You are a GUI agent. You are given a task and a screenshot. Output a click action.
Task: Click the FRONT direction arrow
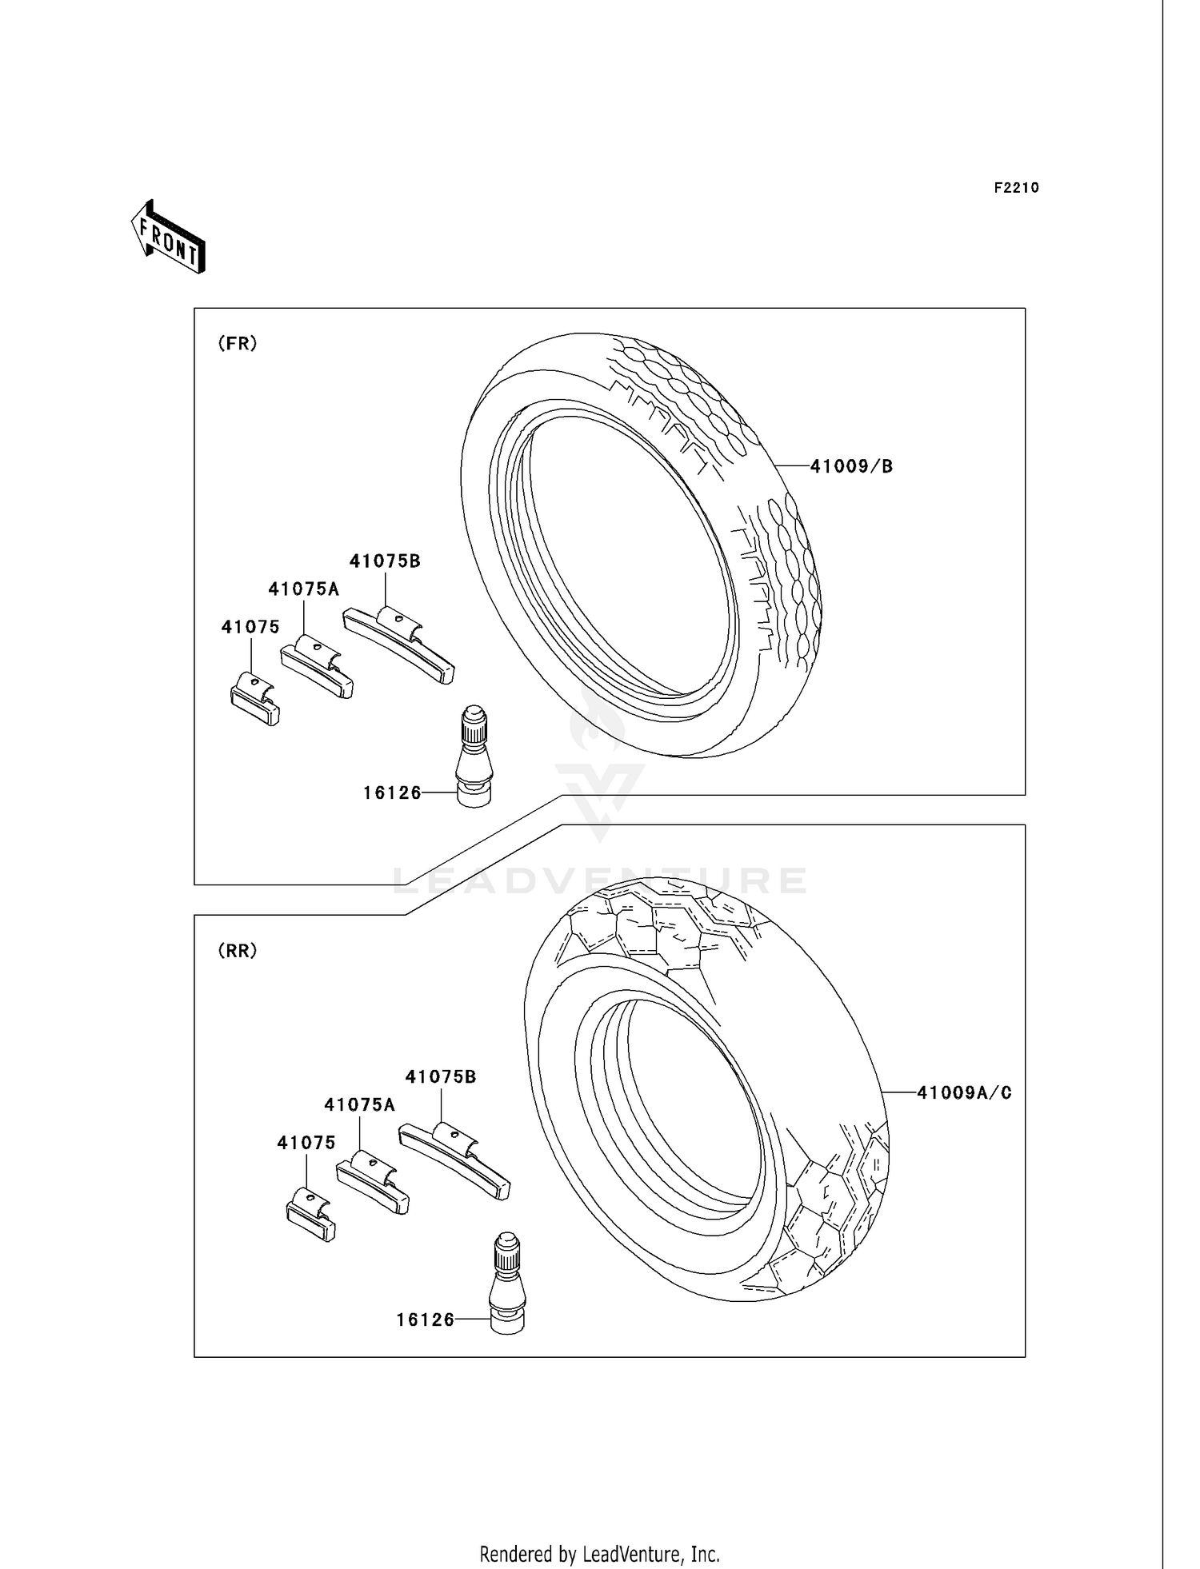pos(169,238)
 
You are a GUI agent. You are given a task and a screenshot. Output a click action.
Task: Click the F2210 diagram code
pos(1016,188)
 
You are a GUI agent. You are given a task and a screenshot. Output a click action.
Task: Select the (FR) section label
pos(238,343)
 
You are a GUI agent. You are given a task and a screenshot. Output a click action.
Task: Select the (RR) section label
pos(238,951)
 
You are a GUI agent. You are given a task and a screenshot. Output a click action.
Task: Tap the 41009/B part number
pos(851,466)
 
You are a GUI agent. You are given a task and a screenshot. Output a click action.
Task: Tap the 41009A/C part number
pos(964,1092)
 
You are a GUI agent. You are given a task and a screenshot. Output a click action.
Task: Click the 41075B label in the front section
pos(385,561)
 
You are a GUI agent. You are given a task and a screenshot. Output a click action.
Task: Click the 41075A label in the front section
pos(304,589)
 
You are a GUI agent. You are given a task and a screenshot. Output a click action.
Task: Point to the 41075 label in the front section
pos(250,627)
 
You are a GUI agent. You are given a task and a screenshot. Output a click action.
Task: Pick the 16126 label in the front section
pos(391,792)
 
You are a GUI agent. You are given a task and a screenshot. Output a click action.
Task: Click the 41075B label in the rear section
pos(441,1077)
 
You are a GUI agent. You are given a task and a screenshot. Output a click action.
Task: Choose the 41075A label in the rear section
pos(359,1105)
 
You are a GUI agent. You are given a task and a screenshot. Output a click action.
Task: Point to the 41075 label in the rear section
pos(306,1143)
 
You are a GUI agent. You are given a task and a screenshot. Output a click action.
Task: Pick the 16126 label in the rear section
pos(425,1320)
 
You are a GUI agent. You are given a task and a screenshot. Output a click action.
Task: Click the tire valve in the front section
pos(474,756)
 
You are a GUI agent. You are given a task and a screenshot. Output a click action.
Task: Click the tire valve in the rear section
pos(506,1284)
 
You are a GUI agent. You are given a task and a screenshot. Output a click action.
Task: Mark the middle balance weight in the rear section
pos(373,1182)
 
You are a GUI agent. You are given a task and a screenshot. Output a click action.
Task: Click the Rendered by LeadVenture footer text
pos(599,1554)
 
